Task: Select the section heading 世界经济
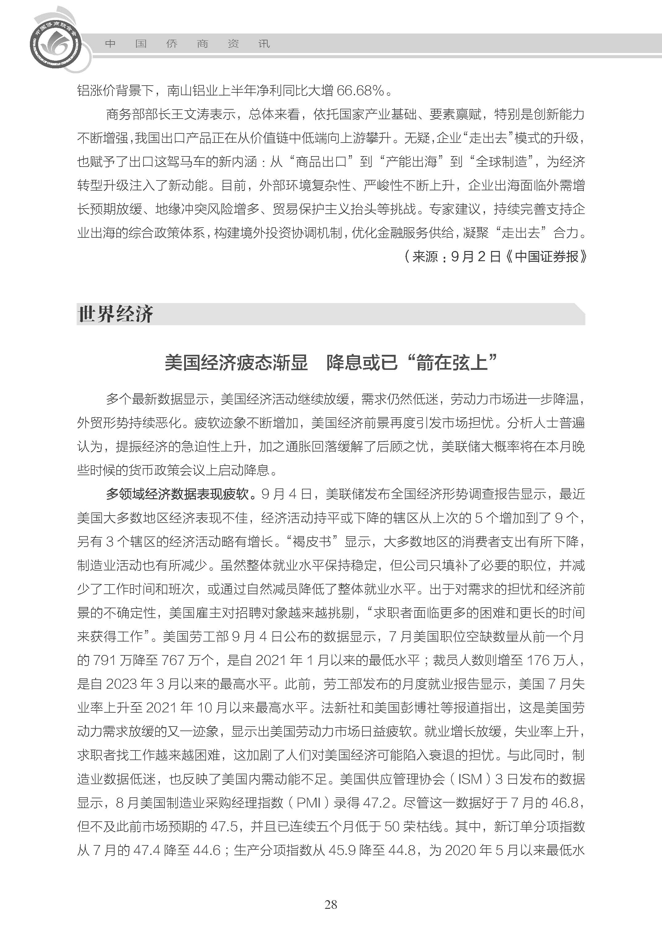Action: coord(115,314)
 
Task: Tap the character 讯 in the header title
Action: coord(264,44)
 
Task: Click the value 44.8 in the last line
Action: coord(402,850)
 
